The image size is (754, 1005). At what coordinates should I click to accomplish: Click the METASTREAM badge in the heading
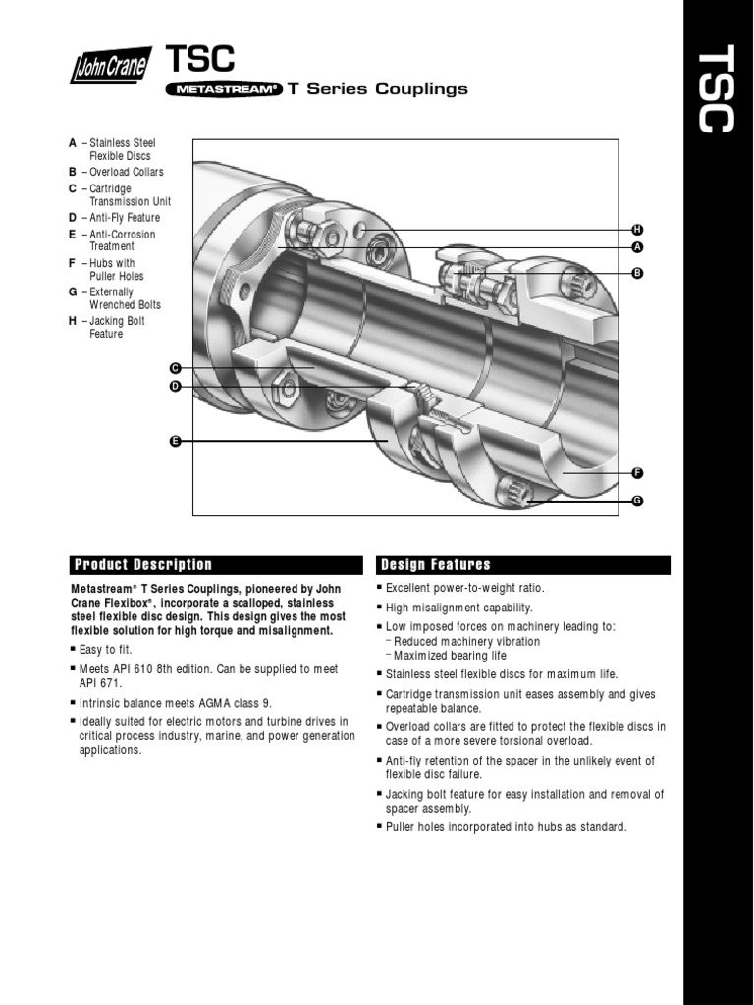click(224, 89)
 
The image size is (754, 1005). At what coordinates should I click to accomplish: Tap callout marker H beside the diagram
click(636, 229)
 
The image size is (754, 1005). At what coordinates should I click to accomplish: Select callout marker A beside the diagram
click(636, 246)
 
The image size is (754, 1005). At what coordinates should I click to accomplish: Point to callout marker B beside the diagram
click(636, 273)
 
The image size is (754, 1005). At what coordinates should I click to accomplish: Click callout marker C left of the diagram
click(175, 368)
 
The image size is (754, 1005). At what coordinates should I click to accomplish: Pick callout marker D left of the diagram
click(175, 387)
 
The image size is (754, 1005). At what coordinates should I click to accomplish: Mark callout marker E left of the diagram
click(175, 442)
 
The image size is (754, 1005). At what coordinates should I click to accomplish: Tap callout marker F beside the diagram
click(636, 473)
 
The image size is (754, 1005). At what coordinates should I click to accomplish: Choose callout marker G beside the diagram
click(636, 501)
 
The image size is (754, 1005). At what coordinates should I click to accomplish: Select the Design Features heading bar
click(523, 565)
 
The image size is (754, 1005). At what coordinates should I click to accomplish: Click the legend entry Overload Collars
click(126, 172)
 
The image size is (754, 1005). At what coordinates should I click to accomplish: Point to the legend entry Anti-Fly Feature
click(124, 218)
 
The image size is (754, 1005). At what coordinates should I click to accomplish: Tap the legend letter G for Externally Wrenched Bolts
click(73, 292)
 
